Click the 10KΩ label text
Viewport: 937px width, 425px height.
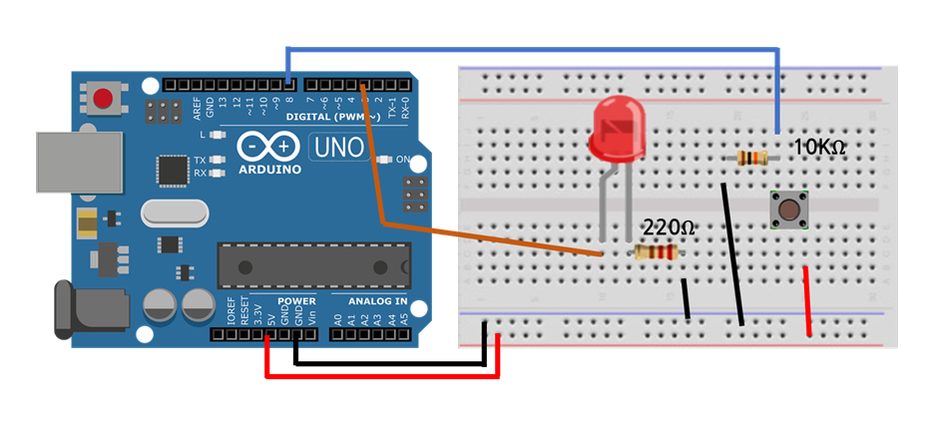pyautogui.click(x=819, y=148)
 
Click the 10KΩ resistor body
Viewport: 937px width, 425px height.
pyautogui.click(x=750, y=158)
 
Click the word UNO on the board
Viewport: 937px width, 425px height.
pyautogui.click(x=339, y=148)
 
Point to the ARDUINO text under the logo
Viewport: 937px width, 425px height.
pyautogui.click(x=269, y=170)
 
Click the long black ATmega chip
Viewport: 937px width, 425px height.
pyautogui.click(x=314, y=264)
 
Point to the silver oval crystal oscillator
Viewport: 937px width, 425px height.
pyautogui.click(x=176, y=212)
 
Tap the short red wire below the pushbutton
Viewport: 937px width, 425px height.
pyautogui.click(x=810, y=299)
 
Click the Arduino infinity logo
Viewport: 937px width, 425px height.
pyautogui.click(x=269, y=147)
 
